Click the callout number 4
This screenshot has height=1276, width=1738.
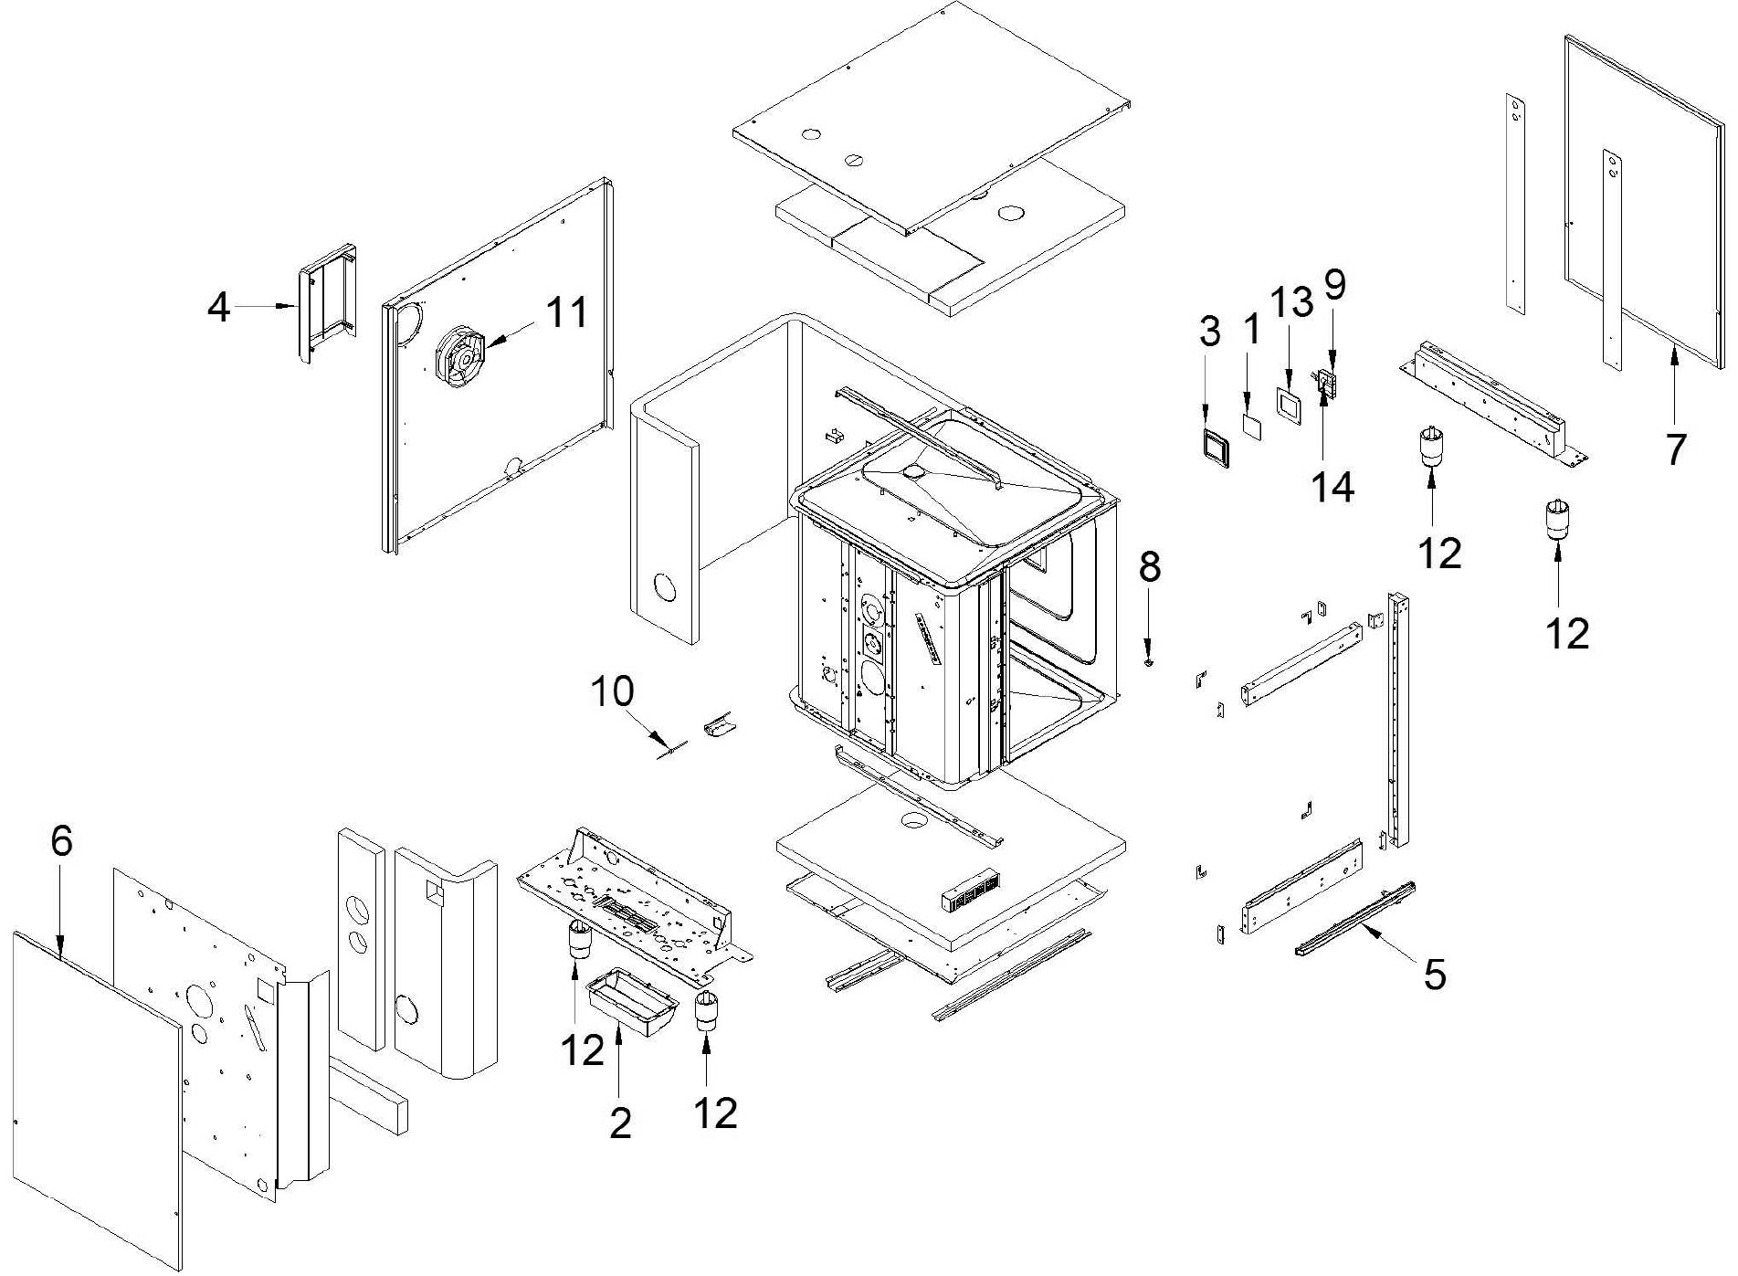pos(218,307)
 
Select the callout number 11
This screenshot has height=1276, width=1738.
pos(567,312)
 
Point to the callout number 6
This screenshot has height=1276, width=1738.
pos(61,840)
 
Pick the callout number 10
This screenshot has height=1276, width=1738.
pos(612,691)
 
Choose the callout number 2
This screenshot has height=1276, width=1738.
pos(620,1123)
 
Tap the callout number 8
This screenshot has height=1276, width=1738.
pos(1149,566)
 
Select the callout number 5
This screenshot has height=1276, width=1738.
pos(1435,975)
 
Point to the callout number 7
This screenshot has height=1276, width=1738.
pos(1675,449)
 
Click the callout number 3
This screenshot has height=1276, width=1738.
pos(1209,331)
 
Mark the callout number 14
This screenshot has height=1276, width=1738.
pos(1332,488)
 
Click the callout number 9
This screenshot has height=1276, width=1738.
pos(1334,285)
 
